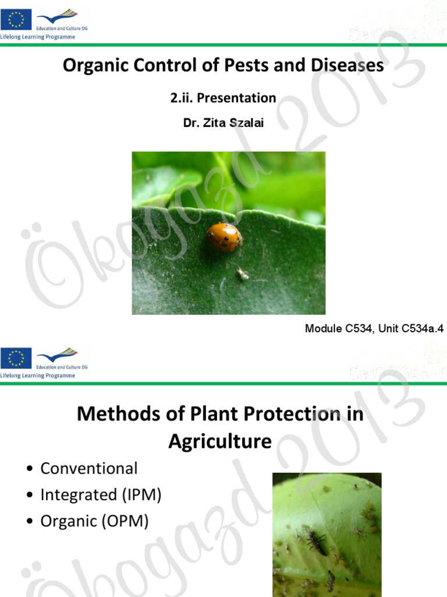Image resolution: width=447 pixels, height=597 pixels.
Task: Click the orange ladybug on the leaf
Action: pos(224,237)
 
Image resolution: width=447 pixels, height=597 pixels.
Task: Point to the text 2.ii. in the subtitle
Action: pos(182,98)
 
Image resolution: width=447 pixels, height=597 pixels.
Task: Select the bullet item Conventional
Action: pos(88,468)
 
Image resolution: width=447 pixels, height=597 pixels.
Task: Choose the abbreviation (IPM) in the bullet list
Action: pos(141,495)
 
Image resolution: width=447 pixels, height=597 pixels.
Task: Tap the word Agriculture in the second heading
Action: pos(220,441)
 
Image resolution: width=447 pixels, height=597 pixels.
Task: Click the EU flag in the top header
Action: pos(16,19)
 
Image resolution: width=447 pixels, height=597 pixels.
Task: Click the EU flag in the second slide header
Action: pos(16,358)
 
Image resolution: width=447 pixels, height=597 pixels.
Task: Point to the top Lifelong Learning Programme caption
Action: pos(38,36)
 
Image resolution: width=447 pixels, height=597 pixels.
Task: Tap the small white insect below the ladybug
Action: pos(242,273)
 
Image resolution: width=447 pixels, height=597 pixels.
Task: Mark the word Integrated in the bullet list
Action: pos(79,495)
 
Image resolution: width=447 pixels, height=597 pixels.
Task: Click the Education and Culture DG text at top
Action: pos(62,27)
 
